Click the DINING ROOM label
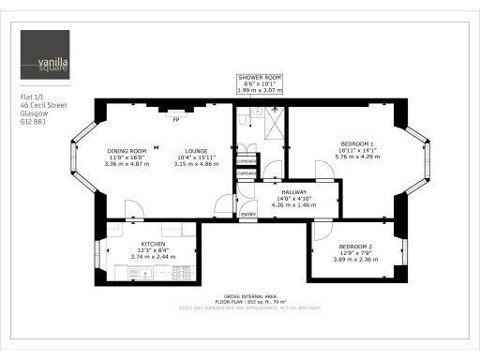point(125,150)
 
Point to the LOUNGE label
point(195,150)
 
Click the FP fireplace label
point(174,119)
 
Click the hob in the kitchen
point(142,273)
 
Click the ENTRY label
point(248,215)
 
